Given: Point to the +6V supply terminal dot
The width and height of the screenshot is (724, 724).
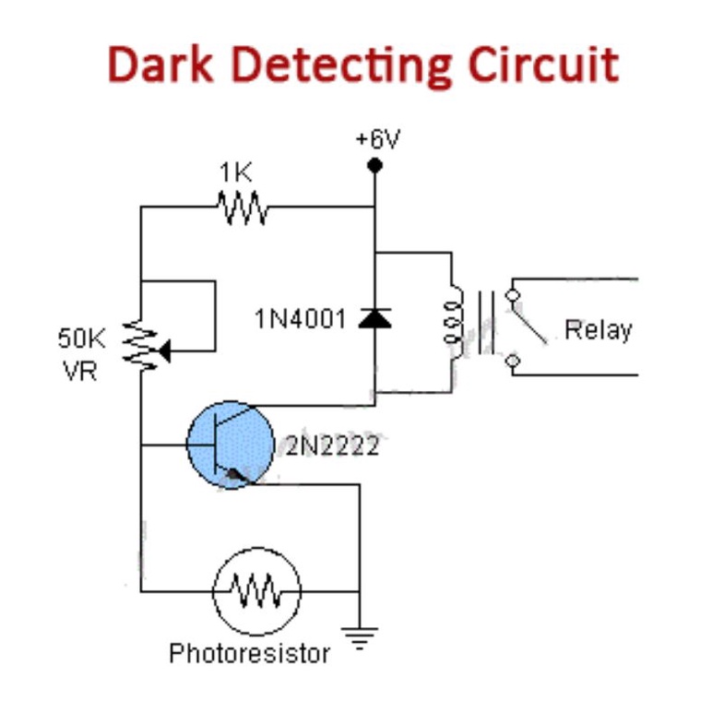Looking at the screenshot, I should click(374, 166).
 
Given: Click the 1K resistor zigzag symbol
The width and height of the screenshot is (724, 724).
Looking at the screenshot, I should click(243, 207).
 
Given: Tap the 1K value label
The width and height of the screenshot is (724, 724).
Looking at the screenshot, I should click(235, 172).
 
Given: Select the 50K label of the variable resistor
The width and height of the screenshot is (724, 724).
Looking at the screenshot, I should click(82, 338).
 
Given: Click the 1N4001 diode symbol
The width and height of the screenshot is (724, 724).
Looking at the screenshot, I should click(374, 319).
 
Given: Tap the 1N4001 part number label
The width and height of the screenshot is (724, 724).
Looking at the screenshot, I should click(301, 320).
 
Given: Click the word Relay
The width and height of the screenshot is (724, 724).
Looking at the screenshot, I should click(598, 329).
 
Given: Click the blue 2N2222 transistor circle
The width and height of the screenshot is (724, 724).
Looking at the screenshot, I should click(230, 444).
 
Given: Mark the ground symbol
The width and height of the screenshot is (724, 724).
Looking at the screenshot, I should click(359, 637).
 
